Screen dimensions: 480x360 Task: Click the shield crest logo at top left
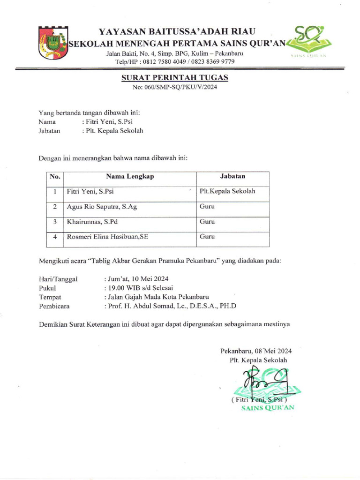[x=52, y=43]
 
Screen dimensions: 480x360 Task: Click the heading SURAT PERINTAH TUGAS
[x=174, y=77]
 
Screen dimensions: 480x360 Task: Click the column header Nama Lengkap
[x=130, y=177]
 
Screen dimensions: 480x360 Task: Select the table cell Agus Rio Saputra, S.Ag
[x=102, y=206]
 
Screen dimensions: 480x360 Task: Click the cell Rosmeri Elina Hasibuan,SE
[x=107, y=237]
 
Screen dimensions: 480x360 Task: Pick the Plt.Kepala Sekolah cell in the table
[x=227, y=191]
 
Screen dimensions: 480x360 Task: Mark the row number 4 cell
[x=55, y=237]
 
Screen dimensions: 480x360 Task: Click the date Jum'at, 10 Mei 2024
[x=136, y=278]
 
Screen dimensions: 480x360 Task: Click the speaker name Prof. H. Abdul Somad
[x=148, y=306]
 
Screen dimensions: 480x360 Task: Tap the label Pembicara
[x=54, y=306]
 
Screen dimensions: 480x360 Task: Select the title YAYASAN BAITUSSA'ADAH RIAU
[x=177, y=32]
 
